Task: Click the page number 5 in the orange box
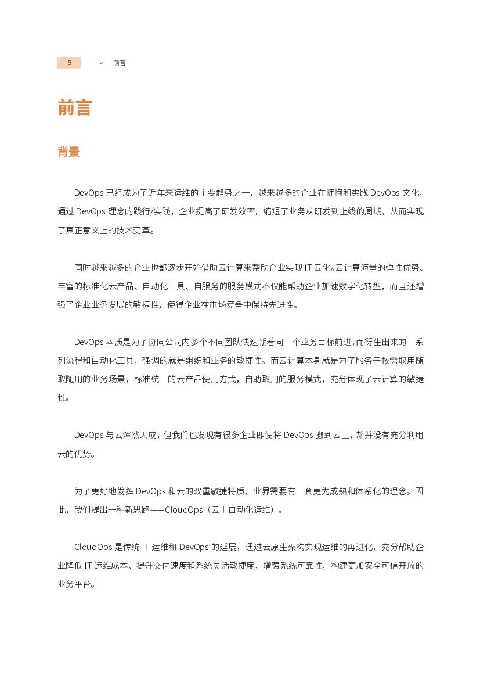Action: click(69, 63)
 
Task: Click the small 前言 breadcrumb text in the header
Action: click(119, 63)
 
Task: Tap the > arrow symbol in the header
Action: click(102, 63)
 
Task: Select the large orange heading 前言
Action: click(75, 107)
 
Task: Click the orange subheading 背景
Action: click(68, 152)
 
